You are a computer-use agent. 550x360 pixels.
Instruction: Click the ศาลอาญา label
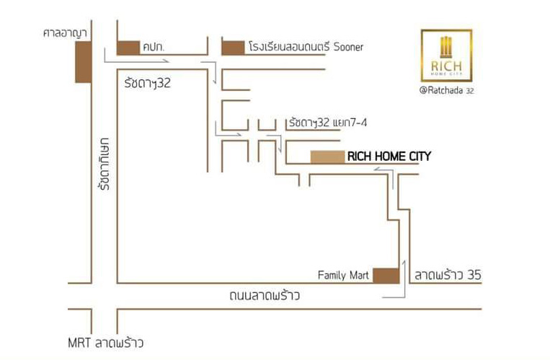click(65, 33)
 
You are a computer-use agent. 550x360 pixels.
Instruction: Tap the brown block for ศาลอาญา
click(84, 62)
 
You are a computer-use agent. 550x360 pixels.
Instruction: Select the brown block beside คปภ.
click(128, 48)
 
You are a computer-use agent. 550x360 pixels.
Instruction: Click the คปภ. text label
click(154, 48)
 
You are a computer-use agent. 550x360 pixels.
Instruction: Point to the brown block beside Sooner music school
click(234, 48)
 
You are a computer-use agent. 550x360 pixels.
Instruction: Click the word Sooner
click(348, 47)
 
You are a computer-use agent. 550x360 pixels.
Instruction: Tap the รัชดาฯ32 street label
click(147, 83)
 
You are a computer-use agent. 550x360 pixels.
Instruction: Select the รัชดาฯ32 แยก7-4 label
click(328, 123)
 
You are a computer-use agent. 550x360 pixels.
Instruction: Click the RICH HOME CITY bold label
click(389, 157)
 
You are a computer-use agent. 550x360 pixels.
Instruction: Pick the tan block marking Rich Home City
click(327, 157)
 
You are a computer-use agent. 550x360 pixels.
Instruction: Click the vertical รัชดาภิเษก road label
click(105, 164)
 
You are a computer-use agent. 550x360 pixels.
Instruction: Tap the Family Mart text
click(343, 275)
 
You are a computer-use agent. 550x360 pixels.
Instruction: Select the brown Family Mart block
click(386, 276)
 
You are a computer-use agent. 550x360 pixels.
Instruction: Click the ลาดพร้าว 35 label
click(448, 275)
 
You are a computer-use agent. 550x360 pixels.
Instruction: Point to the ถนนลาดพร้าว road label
click(265, 295)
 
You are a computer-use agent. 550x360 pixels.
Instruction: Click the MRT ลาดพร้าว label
click(105, 343)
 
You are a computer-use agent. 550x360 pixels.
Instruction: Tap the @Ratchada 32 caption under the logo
click(446, 90)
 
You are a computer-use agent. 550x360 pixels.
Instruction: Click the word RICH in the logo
click(446, 66)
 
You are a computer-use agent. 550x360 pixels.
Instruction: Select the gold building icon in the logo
click(446, 47)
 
